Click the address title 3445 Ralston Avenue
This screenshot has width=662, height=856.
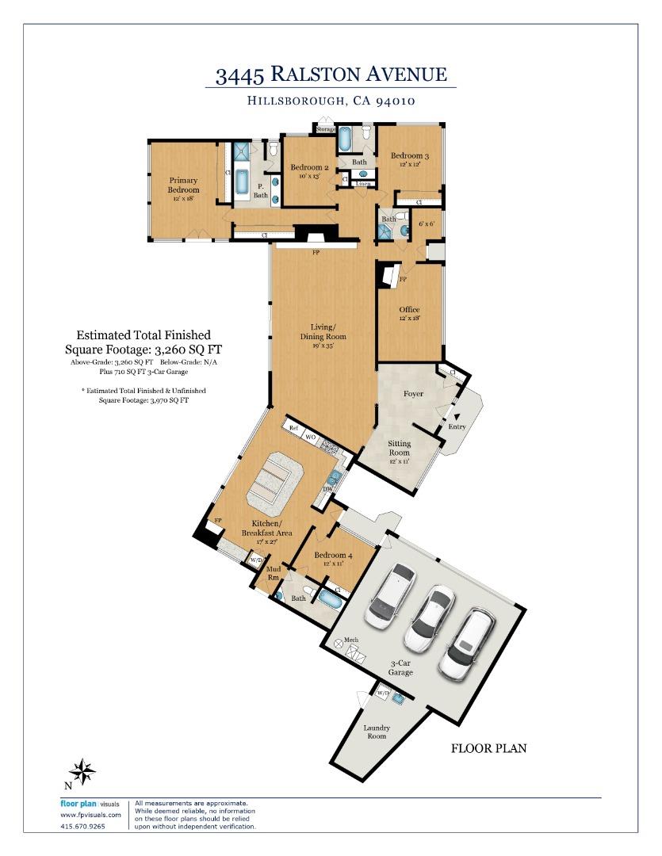coord(331,75)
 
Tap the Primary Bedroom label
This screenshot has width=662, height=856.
coord(182,185)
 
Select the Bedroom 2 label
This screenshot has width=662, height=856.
coord(308,167)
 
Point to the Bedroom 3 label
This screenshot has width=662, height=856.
coord(409,157)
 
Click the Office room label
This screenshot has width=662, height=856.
coord(409,310)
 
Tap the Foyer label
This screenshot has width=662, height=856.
coord(413,394)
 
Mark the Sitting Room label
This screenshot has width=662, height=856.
coord(399,448)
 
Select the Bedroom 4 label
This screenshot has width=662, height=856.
coord(330,556)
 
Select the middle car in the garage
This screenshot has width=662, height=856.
coord(427,617)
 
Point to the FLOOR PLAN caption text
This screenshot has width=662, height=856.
coord(488,747)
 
